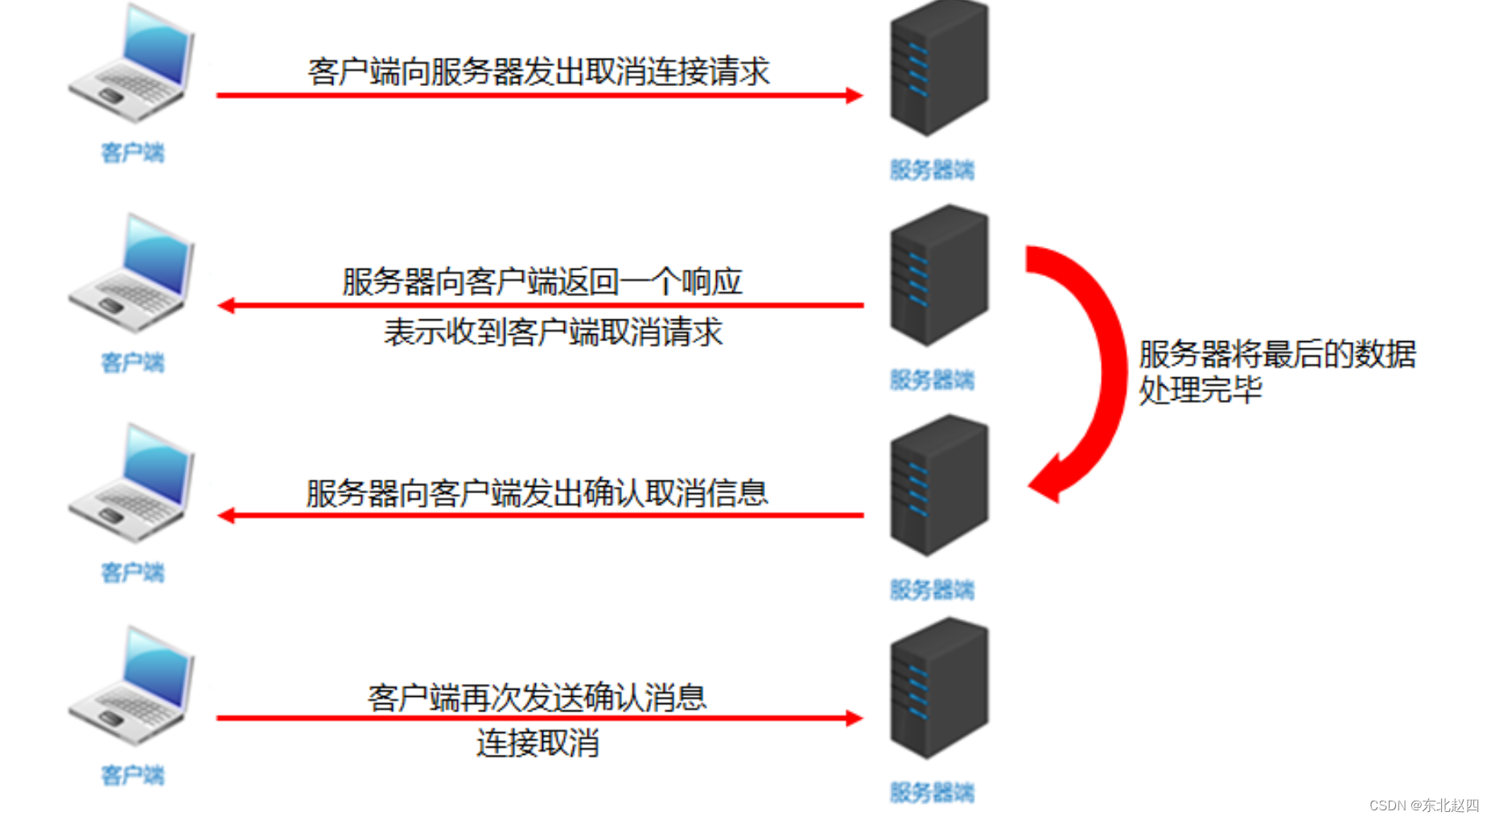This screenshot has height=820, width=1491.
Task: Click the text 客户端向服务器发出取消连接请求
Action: coord(538,72)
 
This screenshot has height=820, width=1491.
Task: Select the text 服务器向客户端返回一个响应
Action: coord(542,282)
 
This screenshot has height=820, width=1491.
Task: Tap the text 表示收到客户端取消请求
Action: coord(553,332)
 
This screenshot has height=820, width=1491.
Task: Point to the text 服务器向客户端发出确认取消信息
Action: coord(537,492)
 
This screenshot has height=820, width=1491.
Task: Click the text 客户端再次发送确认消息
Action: coord(537,697)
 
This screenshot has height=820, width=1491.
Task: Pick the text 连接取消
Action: coord(537,742)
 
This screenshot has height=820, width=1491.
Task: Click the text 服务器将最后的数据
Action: coord(1277,354)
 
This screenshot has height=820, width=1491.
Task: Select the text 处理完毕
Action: coord(1200,390)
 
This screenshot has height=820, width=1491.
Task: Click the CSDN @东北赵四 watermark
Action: coord(1423,805)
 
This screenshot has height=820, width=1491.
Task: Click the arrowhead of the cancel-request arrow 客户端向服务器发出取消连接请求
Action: coord(854,96)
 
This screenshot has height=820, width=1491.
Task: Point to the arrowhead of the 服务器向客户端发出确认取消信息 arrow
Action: coord(227,515)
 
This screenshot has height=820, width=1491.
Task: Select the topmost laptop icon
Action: coord(133,64)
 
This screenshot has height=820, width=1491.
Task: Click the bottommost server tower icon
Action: coord(938,689)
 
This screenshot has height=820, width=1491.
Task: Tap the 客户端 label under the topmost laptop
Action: coord(132,152)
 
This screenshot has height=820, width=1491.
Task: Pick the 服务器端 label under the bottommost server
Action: coord(932,793)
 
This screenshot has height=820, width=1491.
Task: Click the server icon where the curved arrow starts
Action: coord(938,275)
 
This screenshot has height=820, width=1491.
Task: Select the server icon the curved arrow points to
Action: coord(938,485)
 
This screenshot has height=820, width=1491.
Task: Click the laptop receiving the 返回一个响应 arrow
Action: coord(133,274)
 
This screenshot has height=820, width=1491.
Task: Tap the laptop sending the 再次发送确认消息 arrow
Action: coord(133,686)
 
